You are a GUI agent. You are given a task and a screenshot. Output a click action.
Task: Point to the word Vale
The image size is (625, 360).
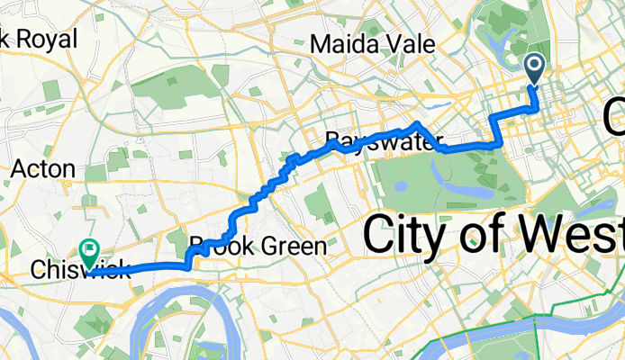[407, 44]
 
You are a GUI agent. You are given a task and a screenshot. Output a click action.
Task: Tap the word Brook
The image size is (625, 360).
[217, 245]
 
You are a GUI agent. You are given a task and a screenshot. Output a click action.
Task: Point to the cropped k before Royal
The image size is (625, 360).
[7, 39]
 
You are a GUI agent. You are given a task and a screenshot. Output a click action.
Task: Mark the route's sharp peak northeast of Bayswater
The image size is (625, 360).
[417, 121]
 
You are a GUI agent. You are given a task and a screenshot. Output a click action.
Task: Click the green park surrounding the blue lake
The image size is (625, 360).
[414, 180]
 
